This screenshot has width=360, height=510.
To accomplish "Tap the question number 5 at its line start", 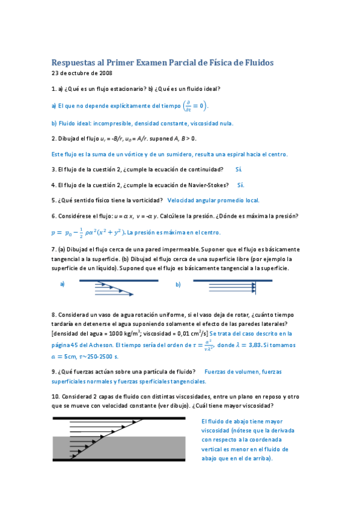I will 53,200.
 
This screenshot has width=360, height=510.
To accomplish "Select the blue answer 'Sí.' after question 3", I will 239,170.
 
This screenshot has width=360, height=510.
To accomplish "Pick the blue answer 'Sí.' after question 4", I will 240,185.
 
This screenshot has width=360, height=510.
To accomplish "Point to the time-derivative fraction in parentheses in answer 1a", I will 188,106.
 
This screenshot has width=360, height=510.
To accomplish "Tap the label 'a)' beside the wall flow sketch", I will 63,284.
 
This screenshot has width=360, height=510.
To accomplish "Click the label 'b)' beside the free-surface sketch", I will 178,284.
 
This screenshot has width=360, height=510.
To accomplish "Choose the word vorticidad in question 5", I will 144,200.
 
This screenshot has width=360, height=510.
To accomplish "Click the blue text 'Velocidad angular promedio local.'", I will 213,200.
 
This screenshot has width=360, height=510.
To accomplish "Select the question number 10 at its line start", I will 55,396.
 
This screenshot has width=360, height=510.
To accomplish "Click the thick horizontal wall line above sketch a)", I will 118,280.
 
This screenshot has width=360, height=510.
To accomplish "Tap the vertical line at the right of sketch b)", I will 255,287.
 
